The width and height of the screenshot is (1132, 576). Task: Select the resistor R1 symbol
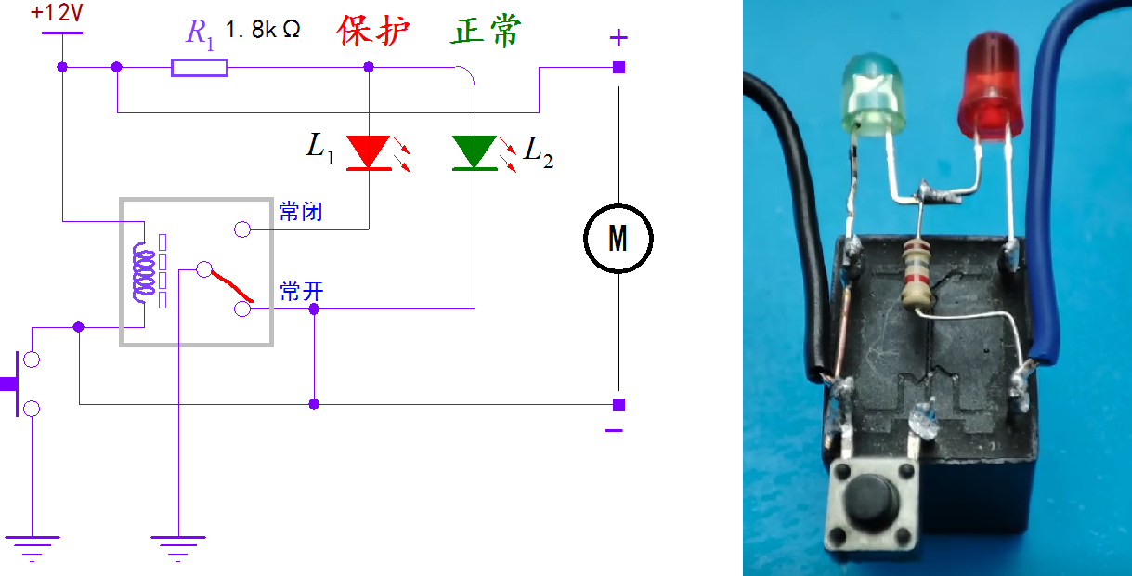(x=200, y=67)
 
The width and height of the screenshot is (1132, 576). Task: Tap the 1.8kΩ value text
(x=263, y=29)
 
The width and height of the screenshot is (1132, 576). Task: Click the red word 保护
(x=373, y=30)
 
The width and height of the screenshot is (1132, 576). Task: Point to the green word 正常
(x=487, y=30)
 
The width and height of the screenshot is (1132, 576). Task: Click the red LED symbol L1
(x=369, y=152)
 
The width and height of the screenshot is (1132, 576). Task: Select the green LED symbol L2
(x=475, y=152)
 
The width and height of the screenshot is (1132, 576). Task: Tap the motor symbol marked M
(x=618, y=239)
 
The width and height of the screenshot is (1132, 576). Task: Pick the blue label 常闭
(x=301, y=212)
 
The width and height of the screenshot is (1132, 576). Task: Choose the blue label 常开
(x=301, y=292)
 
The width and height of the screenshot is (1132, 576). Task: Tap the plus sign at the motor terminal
(x=618, y=38)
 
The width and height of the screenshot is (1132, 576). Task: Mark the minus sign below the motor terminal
(x=614, y=430)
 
